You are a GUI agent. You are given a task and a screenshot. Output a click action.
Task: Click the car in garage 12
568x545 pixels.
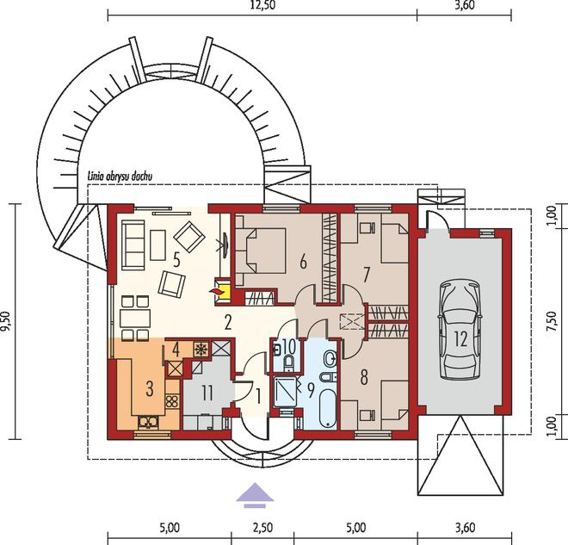[x=460, y=330]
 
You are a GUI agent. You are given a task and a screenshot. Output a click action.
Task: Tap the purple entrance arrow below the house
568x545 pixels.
[x=255, y=494]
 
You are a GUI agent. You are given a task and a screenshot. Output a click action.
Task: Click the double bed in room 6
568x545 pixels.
[x=260, y=250]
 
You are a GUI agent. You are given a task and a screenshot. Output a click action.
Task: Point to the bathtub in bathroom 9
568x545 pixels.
[x=328, y=408]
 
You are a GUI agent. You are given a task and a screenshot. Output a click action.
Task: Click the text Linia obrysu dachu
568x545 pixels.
[x=120, y=177]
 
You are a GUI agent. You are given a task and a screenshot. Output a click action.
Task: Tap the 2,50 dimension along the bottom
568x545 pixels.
[x=262, y=527]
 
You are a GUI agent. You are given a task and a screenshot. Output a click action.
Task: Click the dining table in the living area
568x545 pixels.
[x=135, y=319]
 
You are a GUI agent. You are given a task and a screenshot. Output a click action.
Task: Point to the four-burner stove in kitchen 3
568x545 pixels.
[x=172, y=401]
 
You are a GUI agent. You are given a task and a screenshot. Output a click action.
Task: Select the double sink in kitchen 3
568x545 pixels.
[x=148, y=423]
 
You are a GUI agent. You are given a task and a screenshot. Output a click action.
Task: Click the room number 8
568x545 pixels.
[x=364, y=376]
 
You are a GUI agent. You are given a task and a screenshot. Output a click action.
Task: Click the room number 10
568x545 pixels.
[x=288, y=346]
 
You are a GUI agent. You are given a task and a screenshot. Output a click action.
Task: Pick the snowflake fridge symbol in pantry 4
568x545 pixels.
[x=201, y=350]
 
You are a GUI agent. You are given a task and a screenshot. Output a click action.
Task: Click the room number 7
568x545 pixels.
[x=366, y=275]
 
